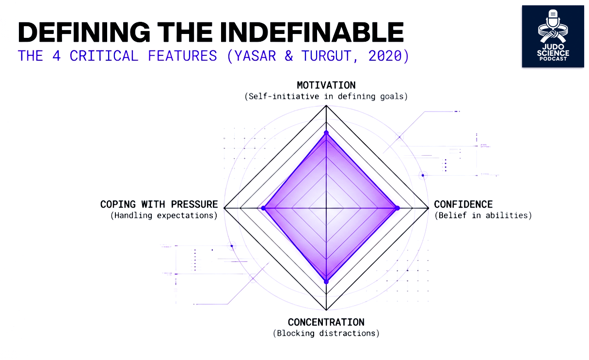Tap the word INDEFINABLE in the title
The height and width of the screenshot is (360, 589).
point(312,32)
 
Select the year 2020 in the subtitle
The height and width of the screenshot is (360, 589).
point(385,56)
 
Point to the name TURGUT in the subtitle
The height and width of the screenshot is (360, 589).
point(326,56)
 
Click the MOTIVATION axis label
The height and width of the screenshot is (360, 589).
point(326,85)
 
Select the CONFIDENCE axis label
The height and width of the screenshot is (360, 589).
point(463,204)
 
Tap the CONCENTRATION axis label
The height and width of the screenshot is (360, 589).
point(326,322)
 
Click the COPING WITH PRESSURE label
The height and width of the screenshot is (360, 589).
point(159,204)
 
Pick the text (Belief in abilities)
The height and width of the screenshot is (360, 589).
point(483,215)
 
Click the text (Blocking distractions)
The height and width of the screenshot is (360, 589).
point(326,333)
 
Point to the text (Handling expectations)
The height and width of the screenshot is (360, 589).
point(164,215)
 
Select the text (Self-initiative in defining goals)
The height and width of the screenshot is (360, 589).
point(326,97)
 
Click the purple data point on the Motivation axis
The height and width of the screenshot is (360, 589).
point(326,133)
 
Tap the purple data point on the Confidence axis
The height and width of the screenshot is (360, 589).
point(398,208)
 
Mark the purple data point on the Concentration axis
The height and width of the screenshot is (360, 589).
point(326,282)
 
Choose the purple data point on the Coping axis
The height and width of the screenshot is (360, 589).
point(263,208)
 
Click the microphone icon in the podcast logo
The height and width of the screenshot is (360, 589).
point(553,19)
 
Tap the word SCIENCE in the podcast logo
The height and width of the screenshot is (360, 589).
point(553,53)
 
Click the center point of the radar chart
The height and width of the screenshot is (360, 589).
point(326,208)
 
